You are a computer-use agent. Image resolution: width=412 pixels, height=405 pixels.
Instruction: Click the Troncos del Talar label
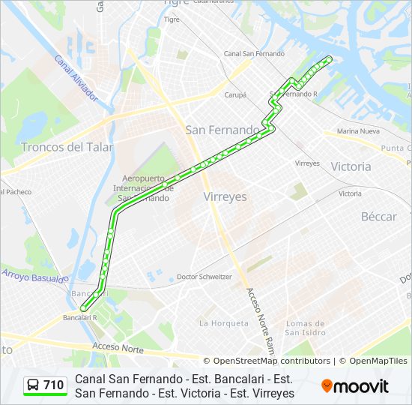(67, 147)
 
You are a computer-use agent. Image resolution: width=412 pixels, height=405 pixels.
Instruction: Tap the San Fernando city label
(222, 130)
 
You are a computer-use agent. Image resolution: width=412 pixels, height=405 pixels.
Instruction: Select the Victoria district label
(351, 166)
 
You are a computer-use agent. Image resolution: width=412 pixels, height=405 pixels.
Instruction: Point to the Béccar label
(379, 217)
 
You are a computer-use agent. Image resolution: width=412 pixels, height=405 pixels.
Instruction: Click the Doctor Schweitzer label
(205, 277)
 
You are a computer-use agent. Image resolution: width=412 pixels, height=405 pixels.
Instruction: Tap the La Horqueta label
(223, 323)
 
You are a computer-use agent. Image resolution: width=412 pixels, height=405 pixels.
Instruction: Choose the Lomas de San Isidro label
(306, 328)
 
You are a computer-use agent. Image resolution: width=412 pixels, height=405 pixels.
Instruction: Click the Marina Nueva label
(359, 131)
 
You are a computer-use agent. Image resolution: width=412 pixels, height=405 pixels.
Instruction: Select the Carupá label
(235, 95)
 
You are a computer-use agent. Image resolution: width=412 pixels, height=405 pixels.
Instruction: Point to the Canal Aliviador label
(76, 79)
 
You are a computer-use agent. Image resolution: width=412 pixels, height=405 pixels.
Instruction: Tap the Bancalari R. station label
(82, 317)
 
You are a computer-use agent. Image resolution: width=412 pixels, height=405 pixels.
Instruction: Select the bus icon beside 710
(34, 385)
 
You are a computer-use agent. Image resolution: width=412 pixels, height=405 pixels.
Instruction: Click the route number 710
(54, 385)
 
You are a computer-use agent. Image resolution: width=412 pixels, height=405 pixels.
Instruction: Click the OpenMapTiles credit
(378, 361)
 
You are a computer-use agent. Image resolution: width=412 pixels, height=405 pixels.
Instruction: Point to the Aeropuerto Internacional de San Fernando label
(144, 188)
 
